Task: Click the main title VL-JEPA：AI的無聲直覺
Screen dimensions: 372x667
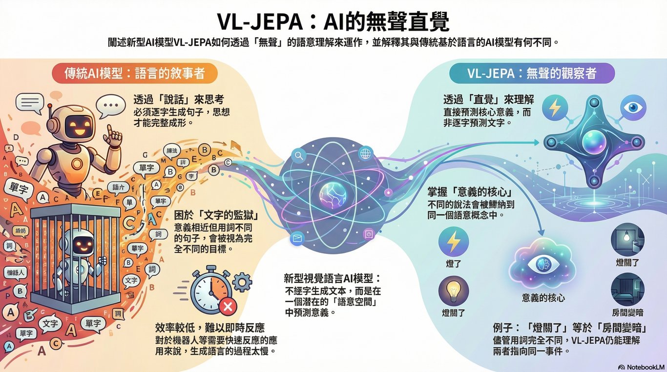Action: click(x=333, y=21)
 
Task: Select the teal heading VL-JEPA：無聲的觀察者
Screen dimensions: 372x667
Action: click(x=531, y=73)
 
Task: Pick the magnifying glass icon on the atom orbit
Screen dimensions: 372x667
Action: click(x=297, y=156)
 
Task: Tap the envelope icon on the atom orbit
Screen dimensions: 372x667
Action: click(x=297, y=238)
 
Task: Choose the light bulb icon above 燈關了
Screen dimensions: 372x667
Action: click(x=454, y=290)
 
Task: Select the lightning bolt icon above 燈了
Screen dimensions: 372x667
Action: click(x=454, y=241)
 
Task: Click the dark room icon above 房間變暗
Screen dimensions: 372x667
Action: click(x=627, y=289)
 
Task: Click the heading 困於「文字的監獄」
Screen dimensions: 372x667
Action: click(x=216, y=215)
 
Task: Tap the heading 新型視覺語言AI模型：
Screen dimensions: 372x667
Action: click(x=332, y=279)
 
